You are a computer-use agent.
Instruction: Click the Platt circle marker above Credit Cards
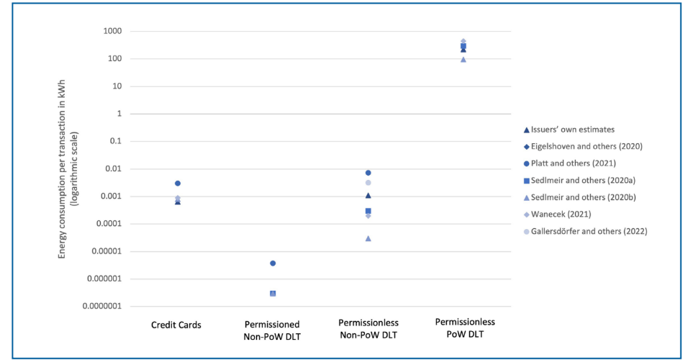click(x=177, y=184)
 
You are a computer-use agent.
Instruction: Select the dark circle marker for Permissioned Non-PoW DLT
click(x=273, y=264)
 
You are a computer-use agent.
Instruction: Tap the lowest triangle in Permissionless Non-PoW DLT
click(x=368, y=238)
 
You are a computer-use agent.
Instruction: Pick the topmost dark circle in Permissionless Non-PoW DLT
click(x=368, y=173)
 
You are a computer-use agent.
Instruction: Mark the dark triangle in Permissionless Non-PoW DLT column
click(x=368, y=195)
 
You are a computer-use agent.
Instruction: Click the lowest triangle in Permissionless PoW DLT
click(x=463, y=59)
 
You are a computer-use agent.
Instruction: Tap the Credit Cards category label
click(x=176, y=325)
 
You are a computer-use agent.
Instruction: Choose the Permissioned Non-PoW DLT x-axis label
click(x=273, y=330)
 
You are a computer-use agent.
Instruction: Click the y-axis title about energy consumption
click(x=68, y=169)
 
